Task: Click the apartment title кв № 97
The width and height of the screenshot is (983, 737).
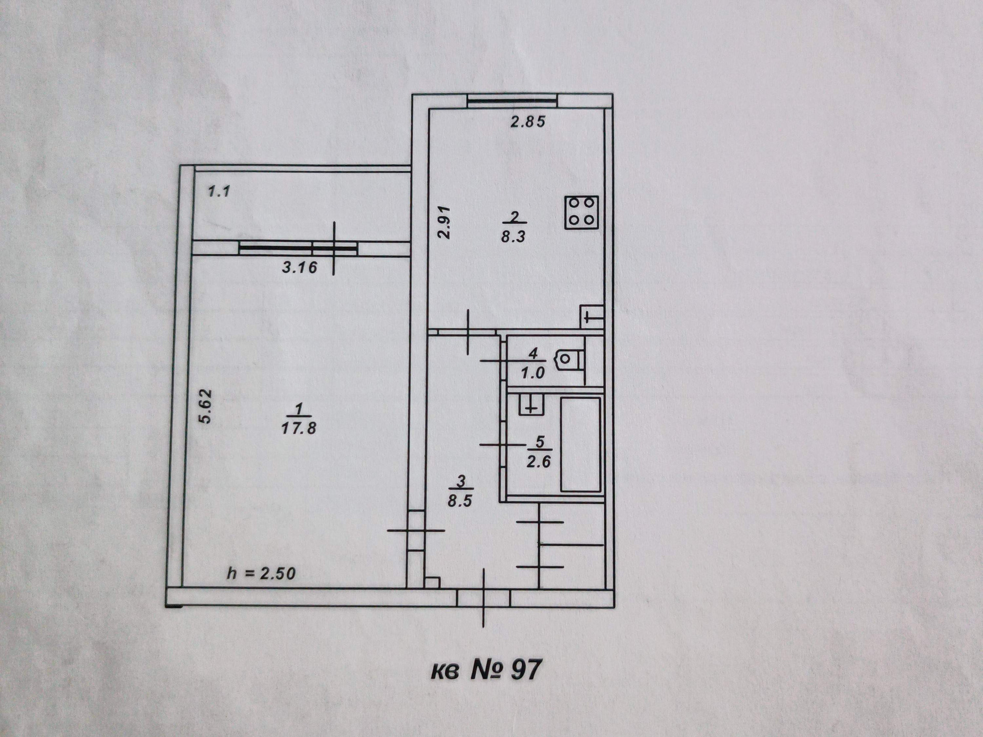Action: click(x=485, y=670)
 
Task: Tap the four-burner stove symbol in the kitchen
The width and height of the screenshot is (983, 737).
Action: click(x=582, y=212)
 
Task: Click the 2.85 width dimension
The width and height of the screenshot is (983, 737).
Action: click(x=528, y=122)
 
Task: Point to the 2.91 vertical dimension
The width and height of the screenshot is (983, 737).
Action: click(x=443, y=222)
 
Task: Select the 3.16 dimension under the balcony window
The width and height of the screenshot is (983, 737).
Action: click(x=300, y=267)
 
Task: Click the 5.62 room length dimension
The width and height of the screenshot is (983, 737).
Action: click(x=205, y=407)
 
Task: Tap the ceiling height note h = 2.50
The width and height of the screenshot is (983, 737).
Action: click(x=261, y=573)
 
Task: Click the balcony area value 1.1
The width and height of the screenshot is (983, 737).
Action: click(x=219, y=192)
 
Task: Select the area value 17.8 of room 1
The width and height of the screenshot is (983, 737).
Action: click(x=298, y=428)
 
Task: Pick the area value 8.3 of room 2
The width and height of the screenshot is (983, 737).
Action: click(x=514, y=237)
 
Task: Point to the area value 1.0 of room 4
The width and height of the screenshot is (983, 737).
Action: click(x=532, y=373)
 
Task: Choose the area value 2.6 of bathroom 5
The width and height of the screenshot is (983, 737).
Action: click(x=539, y=462)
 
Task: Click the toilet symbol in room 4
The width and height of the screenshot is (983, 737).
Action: click(x=570, y=359)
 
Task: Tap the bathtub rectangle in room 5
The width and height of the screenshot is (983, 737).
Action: click(x=581, y=444)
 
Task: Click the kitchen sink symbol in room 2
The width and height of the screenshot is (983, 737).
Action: click(x=591, y=316)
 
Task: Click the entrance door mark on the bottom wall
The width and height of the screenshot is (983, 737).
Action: click(x=484, y=598)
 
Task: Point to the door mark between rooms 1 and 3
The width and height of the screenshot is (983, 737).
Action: click(x=416, y=531)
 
